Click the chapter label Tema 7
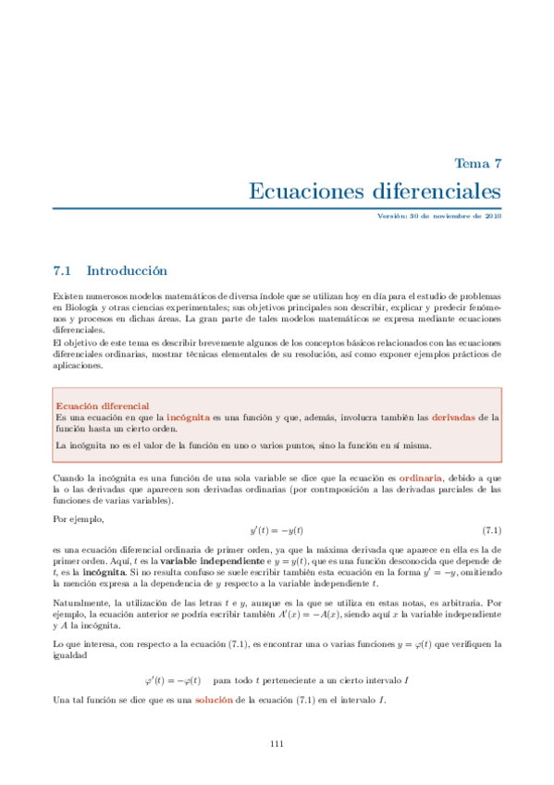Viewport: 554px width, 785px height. click(477, 163)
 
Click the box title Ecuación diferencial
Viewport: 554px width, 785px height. click(102, 406)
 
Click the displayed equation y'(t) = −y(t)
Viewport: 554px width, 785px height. click(277, 530)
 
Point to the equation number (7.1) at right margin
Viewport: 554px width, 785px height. click(491, 530)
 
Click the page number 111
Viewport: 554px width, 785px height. click(277, 744)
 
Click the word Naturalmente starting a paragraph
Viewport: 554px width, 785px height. click(84, 603)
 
